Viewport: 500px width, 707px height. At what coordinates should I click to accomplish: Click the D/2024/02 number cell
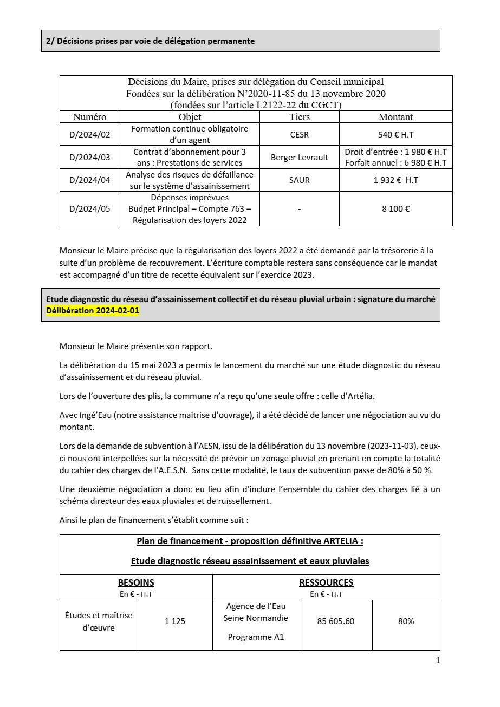[89, 135]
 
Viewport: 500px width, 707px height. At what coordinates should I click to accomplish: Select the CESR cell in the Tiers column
[300, 135]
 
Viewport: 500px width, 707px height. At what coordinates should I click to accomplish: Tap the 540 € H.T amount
[395, 135]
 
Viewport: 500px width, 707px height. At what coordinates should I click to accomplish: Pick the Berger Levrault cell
[300, 158]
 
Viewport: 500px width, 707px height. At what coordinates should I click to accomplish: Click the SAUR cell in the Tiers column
[300, 180]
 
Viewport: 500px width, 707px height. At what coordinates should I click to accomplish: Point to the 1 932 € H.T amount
[395, 180]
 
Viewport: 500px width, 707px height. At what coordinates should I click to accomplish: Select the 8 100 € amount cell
[395, 208]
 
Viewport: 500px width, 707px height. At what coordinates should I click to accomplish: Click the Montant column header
[395, 117]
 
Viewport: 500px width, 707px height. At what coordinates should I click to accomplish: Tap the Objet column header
[190, 117]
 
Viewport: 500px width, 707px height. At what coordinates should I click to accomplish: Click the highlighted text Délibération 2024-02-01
[93, 311]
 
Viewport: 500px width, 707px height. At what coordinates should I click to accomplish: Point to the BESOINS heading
[136, 582]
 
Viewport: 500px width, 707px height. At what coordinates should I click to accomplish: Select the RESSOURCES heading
[326, 582]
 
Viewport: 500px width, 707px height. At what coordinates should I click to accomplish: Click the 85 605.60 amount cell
[336, 621]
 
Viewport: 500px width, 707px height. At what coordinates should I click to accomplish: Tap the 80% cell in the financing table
[406, 621]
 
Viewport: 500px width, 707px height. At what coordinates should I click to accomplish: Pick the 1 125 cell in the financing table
[175, 621]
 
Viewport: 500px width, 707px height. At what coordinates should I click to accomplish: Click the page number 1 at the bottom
[438, 660]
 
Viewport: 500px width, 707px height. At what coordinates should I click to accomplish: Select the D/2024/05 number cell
[89, 208]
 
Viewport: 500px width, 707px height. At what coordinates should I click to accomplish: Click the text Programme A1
[256, 637]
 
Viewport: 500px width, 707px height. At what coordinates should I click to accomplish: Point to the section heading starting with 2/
[150, 41]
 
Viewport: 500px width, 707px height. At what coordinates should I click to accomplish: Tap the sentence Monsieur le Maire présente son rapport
[136, 346]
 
